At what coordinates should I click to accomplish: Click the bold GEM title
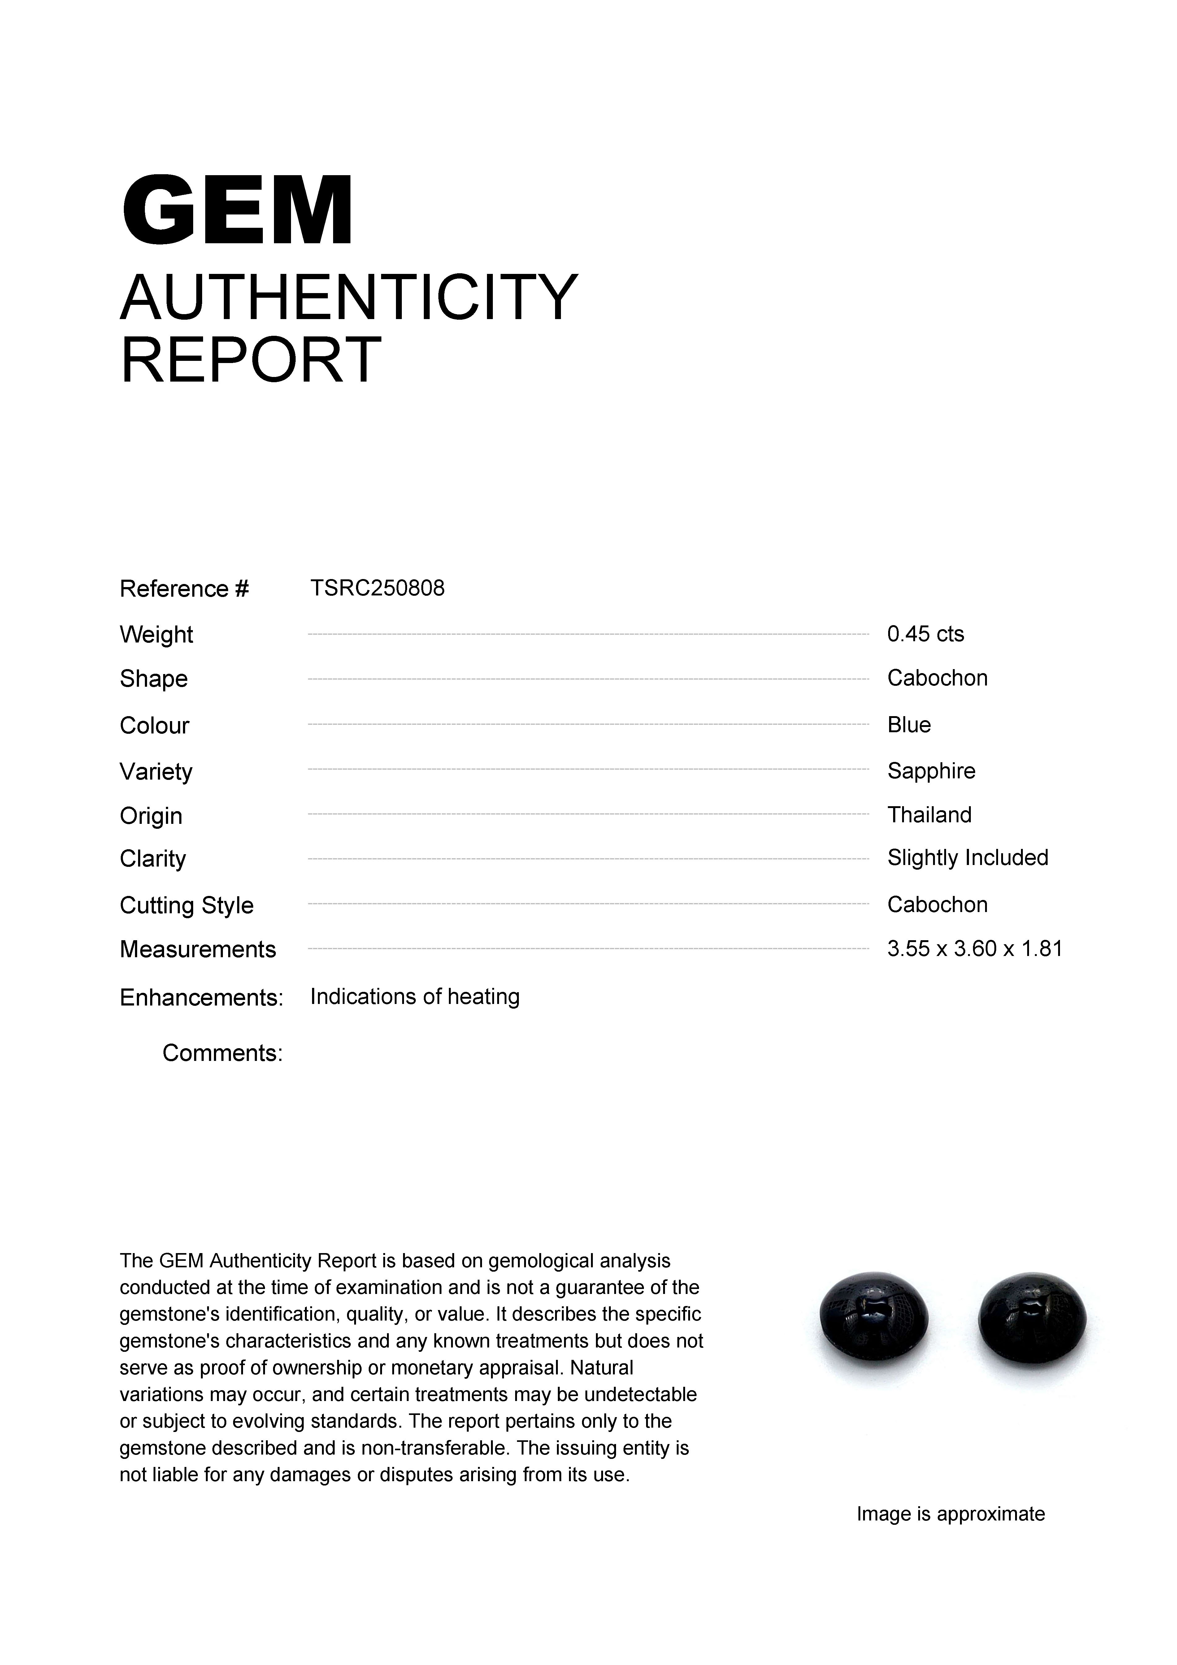237,211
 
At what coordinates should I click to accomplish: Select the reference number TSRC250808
377,588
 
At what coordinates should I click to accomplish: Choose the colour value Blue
909,724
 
